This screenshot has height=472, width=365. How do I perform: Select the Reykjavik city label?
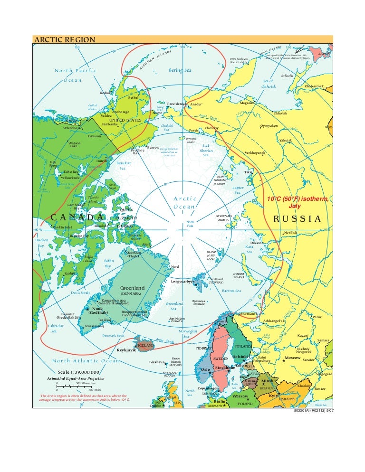(127, 350)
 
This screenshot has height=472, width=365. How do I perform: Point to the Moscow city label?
(292, 358)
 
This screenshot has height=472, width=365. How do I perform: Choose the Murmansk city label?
(249, 314)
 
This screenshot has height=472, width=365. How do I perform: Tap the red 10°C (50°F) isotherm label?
(298, 203)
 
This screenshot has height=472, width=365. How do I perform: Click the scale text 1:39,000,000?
(78, 372)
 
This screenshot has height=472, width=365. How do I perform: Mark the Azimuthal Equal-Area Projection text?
(75, 378)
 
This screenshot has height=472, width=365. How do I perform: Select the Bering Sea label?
(180, 70)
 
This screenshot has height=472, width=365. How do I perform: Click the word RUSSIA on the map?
(298, 218)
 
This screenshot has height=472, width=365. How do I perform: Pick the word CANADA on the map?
(77, 217)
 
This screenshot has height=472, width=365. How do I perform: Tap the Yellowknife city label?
(70, 178)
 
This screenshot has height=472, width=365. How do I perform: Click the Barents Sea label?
(231, 291)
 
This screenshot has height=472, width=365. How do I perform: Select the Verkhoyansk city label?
(255, 152)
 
